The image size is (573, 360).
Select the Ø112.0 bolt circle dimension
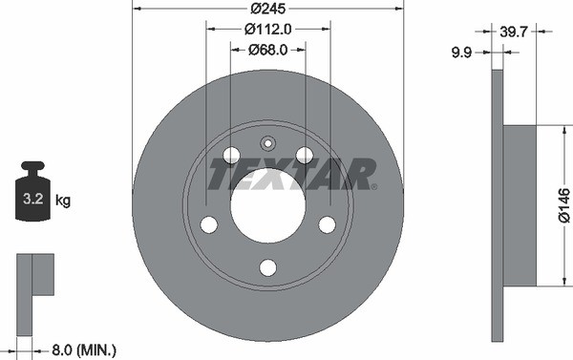click(x=267, y=30)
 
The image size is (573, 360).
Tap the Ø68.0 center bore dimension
click(x=267, y=50)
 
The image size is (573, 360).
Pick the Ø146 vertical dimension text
click(x=563, y=204)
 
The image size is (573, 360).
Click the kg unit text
click(x=63, y=201)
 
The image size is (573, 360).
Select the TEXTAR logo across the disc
click(x=292, y=175)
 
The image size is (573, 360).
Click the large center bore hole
click(x=267, y=205)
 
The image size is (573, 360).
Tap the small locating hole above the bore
click(x=267, y=144)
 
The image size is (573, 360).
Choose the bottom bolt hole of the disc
click(x=267, y=267)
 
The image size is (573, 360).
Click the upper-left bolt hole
click(x=231, y=155)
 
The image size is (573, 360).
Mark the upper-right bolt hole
click(x=305, y=155)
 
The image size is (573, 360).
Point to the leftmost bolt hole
click(x=209, y=224)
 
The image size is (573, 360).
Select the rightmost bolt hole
click(x=327, y=224)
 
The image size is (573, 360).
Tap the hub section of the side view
click(x=520, y=204)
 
